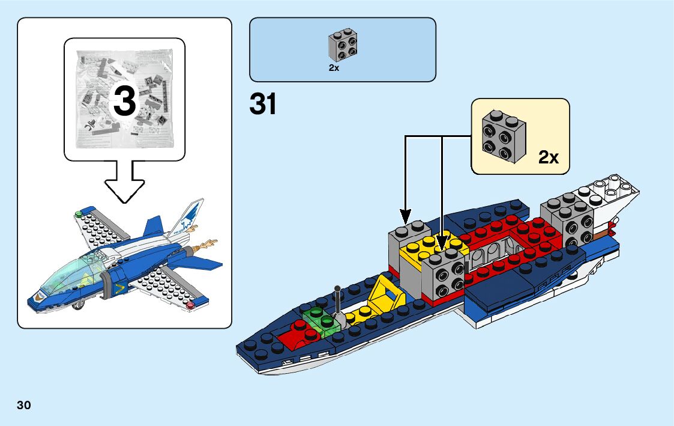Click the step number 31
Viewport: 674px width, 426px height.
263,105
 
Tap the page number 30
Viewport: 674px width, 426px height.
24,404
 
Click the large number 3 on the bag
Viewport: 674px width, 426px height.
124,101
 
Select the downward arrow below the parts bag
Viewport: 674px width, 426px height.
124,184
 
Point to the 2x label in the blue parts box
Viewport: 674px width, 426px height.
334,68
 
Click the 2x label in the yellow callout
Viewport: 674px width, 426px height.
549,158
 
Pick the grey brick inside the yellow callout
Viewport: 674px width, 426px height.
504,136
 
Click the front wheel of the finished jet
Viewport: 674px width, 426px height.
77,308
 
